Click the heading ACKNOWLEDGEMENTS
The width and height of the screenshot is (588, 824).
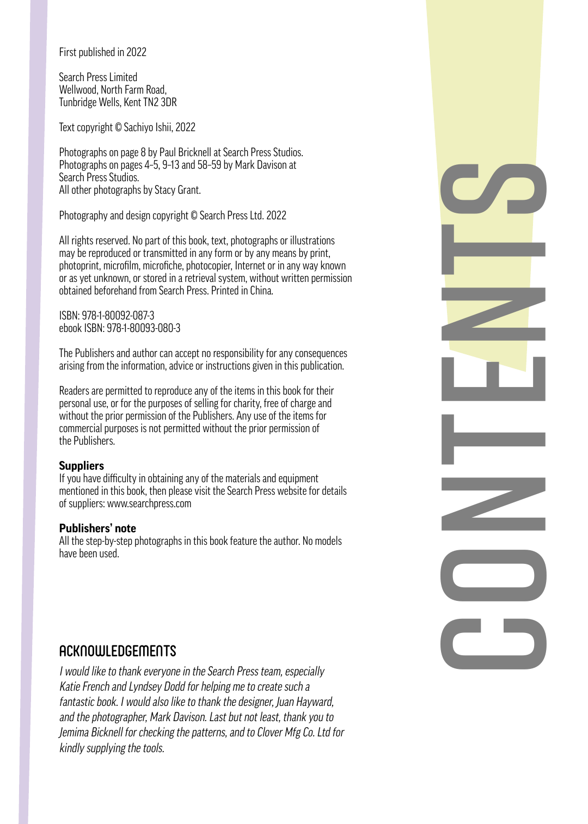(118, 651)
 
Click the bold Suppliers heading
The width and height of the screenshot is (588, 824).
(82, 466)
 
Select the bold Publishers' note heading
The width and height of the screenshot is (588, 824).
(97, 528)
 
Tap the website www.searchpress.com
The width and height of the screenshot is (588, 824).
(149, 503)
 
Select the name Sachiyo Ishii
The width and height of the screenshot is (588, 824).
(148, 127)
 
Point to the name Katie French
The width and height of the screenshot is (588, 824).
(84, 687)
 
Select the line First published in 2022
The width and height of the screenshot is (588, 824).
(102, 52)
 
